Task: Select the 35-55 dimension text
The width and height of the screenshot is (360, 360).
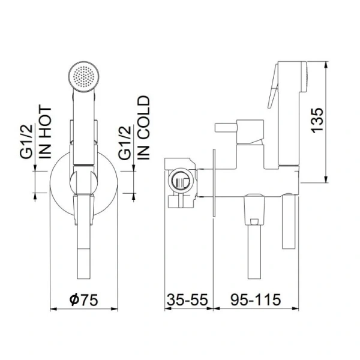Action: coord(188,299)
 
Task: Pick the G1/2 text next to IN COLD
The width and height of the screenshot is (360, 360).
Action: coord(125,142)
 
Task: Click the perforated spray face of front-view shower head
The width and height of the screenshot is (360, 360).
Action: coord(84,76)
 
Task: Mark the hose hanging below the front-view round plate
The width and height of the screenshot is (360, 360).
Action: coord(84,252)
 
